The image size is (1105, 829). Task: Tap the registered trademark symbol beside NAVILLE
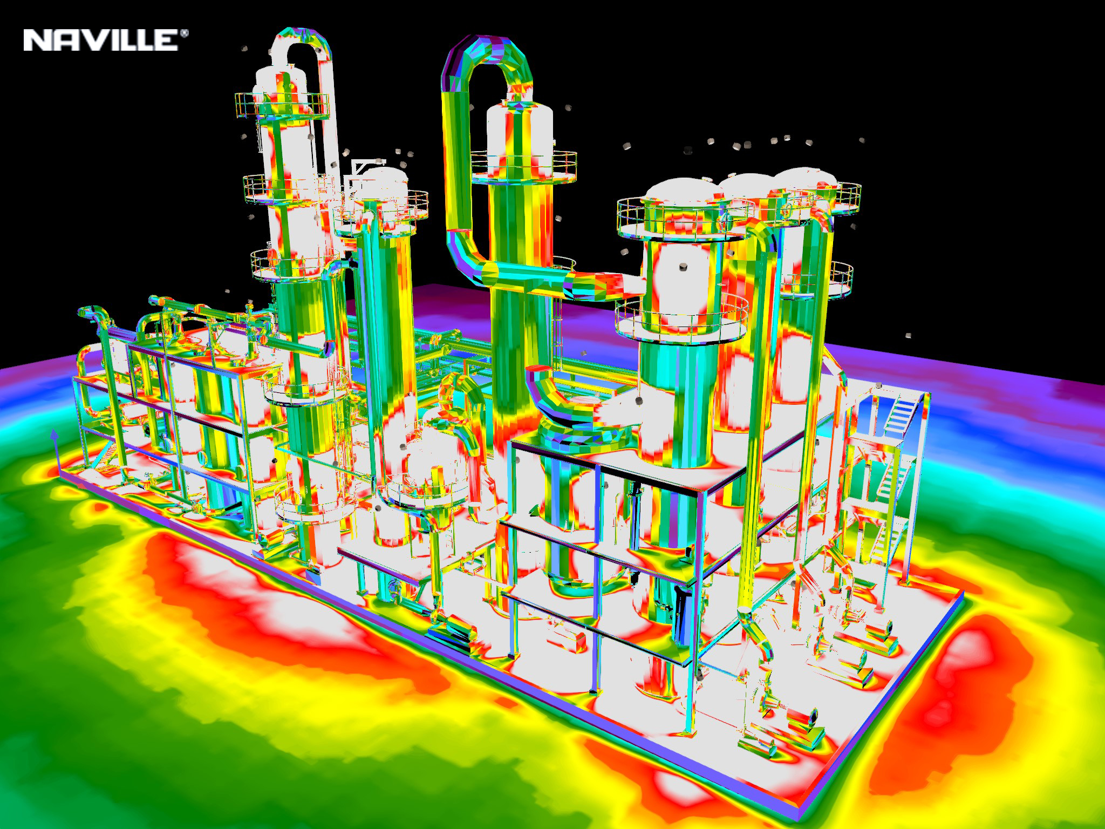(185, 33)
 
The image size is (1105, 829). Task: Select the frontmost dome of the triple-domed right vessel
(683, 194)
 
